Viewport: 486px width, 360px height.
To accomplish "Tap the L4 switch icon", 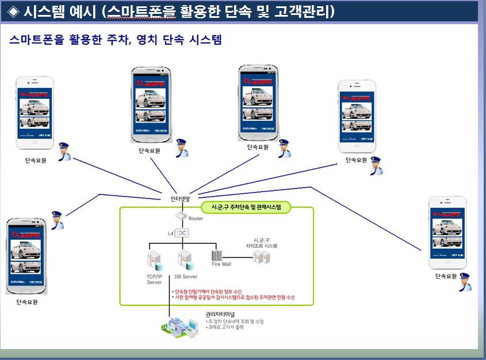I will pos(182,233).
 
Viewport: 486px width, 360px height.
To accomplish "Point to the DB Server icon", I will pos(185,259).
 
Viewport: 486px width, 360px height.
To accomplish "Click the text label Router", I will pos(196,219).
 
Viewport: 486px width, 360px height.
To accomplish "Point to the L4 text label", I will pos(170,233).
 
